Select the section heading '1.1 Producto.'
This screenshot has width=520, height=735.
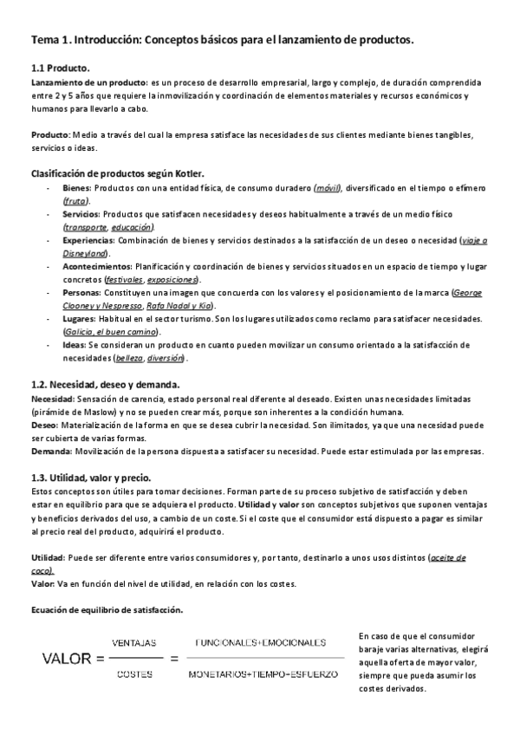pos(61,68)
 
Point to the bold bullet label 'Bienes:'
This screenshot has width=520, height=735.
pos(77,187)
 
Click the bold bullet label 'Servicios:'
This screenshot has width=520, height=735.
pos(81,214)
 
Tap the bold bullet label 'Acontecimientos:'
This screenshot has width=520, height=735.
pos(96,266)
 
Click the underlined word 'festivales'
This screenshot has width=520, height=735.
pos(123,280)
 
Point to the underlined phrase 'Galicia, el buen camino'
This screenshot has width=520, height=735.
pos(111,332)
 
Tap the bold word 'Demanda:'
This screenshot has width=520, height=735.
pos(52,452)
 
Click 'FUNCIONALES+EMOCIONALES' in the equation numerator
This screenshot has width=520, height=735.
pos(261,642)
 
